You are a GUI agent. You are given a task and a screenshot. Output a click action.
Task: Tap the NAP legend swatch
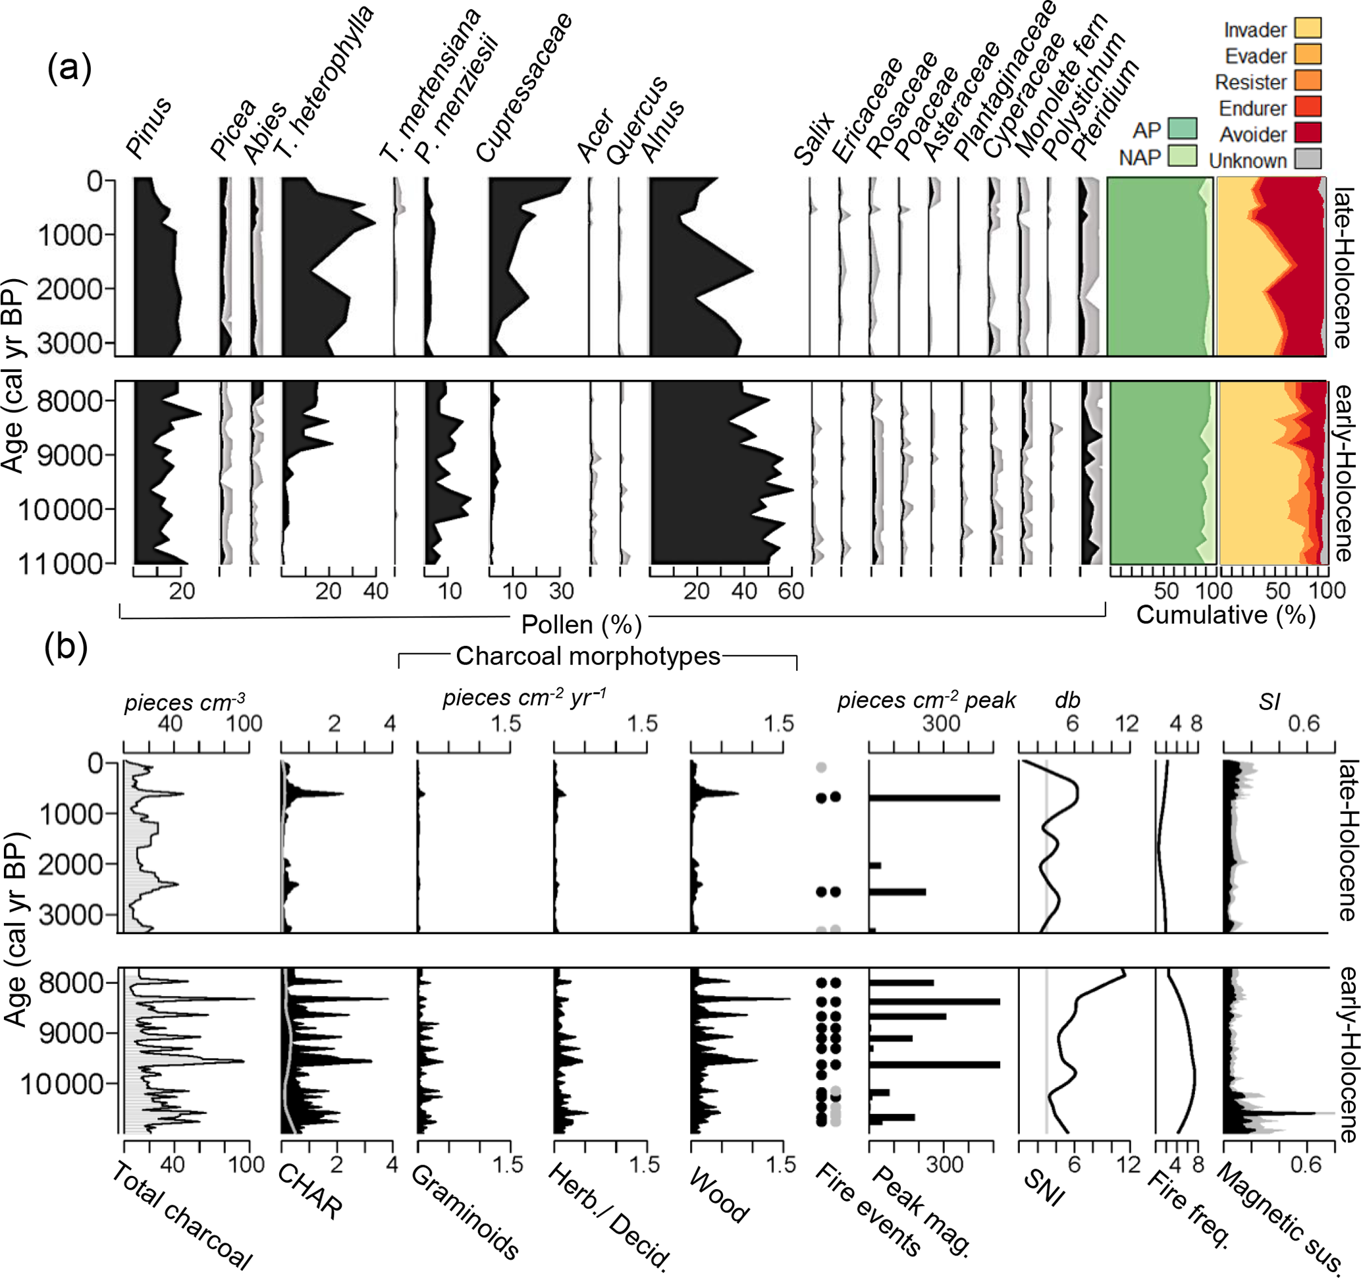[x=1183, y=156]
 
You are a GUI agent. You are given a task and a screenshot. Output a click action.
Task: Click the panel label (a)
[x=69, y=68]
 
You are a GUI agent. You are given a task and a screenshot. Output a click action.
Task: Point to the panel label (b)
[x=66, y=647]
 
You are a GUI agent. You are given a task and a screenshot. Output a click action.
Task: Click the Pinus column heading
[x=149, y=128]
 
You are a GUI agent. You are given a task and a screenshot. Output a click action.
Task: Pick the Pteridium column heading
[x=1105, y=109]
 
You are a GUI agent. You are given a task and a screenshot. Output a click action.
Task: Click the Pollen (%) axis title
[x=581, y=624]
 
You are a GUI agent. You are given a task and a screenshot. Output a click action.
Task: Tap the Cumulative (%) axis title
[x=1225, y=615]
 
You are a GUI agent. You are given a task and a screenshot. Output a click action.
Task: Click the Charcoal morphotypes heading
[x=588, y=656]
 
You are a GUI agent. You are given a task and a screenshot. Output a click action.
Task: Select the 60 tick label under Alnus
[x=791, y=591]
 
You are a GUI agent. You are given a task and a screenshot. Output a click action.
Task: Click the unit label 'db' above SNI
[x=1067, y=700]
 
